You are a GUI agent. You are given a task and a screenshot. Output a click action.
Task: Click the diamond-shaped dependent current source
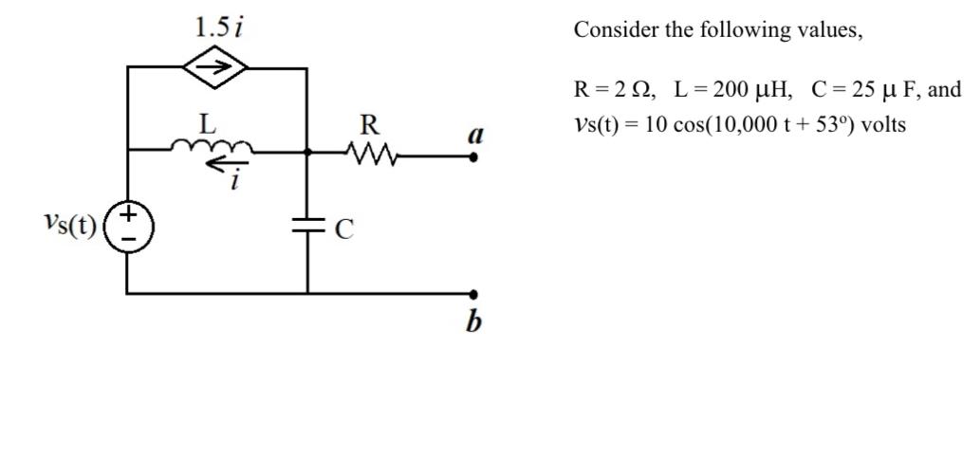tap(216, 67)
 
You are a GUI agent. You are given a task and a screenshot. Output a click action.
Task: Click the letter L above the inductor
tap(206, 123)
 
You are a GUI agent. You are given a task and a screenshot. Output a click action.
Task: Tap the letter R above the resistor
tap(370, 124)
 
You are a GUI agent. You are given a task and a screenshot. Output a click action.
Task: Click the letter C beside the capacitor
tap(344, 229)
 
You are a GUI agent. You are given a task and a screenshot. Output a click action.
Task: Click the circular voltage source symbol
tap(127, 228)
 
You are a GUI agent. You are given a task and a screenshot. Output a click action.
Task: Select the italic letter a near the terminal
tap(475, 135)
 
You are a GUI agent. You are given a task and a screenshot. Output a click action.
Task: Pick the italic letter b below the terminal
tap(473, 322)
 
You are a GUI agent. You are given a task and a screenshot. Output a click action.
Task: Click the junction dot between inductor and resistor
tap(307, 151)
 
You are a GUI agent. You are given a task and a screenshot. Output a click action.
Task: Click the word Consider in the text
tap(616, 30)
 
